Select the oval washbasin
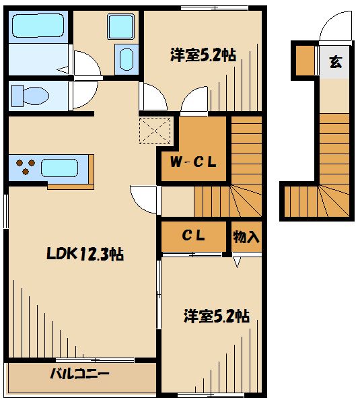click(x=126, y=59)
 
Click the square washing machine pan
click(x=122, y=27)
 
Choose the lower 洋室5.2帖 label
click(x=217, y=316)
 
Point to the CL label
click(x=194, y=236)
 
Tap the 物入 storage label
click(x=246, y=236)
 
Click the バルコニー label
click(x=79, y=374)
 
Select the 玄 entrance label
click(x=334, y=63)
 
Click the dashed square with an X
click(x=155, y=131)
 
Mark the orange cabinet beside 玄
click(x=305, y=61)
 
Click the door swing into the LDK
click(x=145, y=198)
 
